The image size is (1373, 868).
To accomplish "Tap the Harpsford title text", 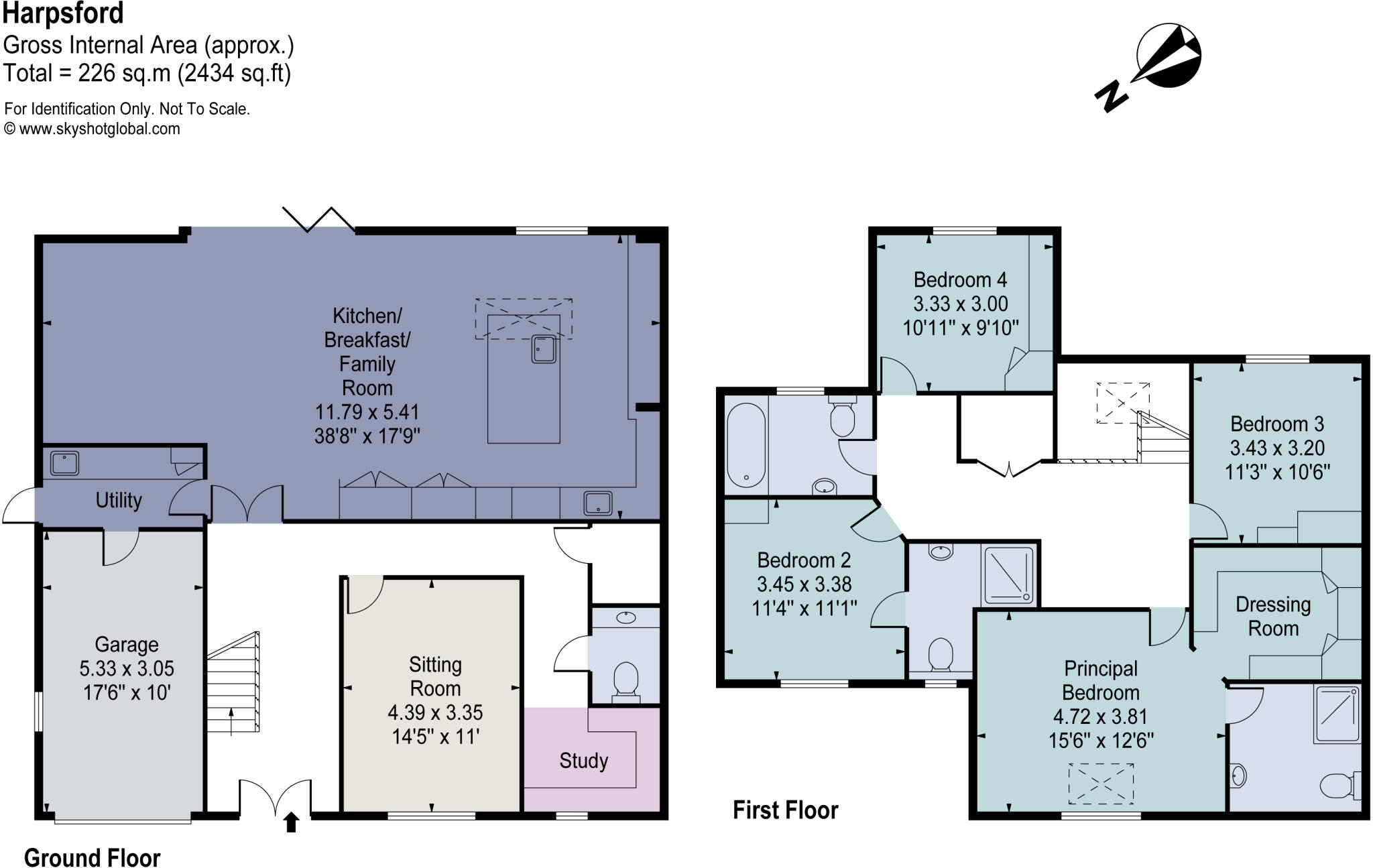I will point(63,13).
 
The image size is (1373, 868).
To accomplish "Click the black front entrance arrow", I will point(291,822).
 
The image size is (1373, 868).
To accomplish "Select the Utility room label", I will point(119,500).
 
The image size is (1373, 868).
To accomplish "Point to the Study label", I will point(583,761).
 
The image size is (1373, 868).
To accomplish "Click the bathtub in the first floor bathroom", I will point(745,444).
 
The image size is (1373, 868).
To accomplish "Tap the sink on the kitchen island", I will point(544,349).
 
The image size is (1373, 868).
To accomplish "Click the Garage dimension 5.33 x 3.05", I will point(127,668).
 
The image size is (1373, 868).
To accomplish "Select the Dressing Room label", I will point(1272,617).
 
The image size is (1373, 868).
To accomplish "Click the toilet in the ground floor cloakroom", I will point(626,680).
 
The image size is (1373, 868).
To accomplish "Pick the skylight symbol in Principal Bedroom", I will point(1101,784).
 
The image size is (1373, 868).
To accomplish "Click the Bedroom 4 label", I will point(960,280).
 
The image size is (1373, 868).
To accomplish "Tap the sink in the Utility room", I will point(64,463).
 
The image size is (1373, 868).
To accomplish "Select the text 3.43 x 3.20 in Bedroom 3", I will point(1277,448).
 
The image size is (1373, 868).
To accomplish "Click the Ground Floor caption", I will point(92,858).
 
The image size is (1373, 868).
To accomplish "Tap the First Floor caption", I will point(785,810).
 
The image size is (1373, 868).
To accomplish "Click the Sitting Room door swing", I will point(364,594).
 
